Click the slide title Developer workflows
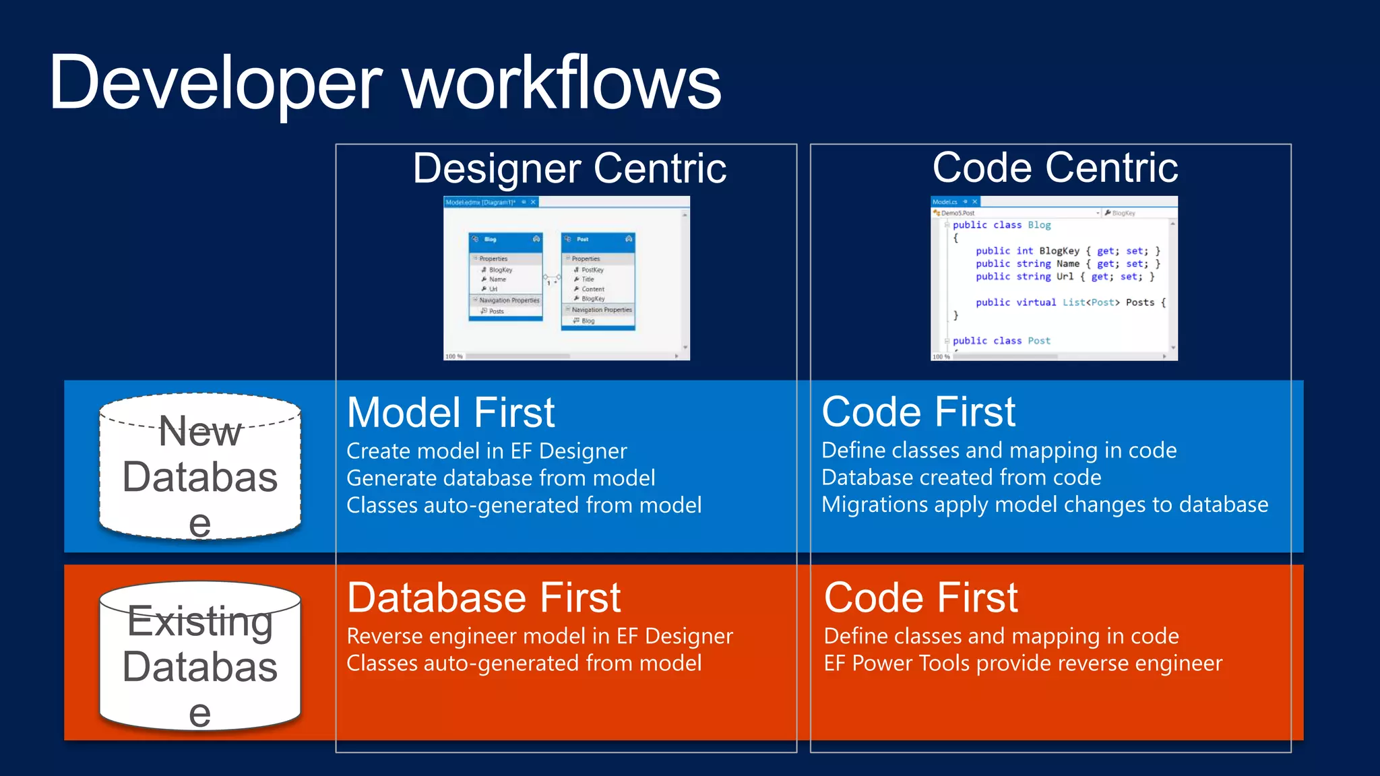click(385, 84)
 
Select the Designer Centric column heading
click(569, 168)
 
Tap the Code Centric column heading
click(1055, 168)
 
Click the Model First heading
click(450, 412)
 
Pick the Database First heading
click(483, 597)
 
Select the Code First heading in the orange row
click(920, 597)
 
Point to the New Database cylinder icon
click(200, 467)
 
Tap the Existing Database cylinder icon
click(200, 656)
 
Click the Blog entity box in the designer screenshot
click(505, 277)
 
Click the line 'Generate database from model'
click(500, 478)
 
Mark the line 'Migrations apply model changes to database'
click(1044, 505)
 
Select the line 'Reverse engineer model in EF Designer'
click(539, 636)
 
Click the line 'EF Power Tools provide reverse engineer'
click(1022, 664)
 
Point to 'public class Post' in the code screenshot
click(1001, 341)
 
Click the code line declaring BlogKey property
click(1067, 251)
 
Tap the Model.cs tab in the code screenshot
click(945, 201)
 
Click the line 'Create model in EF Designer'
click(487, 451)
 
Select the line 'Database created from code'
click(961, 478)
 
